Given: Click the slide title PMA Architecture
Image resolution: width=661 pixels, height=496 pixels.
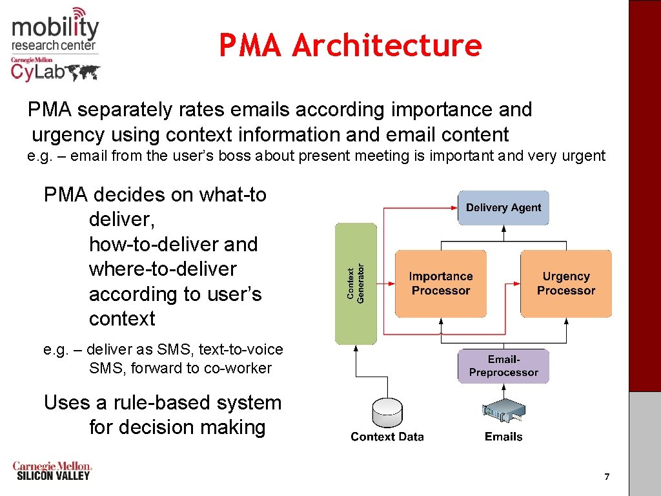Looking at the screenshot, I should coord(350,46).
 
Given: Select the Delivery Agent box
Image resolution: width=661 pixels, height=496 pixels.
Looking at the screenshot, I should coord(503,207).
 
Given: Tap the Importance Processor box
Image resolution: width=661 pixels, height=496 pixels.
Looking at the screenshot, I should coord(441,284).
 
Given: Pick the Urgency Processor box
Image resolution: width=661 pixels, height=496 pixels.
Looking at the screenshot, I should coord(565,284).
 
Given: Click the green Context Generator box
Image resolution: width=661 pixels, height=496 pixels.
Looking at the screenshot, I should coord(356,284).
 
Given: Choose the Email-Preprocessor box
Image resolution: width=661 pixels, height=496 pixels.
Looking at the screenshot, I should coord(503,366).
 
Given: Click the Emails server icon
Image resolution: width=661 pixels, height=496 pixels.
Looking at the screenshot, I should coord(503,412).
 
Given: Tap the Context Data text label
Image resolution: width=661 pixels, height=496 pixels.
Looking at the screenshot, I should coord(387,437).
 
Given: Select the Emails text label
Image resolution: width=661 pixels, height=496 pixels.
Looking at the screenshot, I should coord(503,437).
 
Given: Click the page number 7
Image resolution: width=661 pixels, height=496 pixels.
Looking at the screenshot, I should coord(606,477).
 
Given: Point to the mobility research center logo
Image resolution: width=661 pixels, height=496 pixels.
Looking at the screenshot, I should coord(55,31).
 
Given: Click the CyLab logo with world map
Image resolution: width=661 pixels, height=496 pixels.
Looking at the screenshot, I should coord(55,70).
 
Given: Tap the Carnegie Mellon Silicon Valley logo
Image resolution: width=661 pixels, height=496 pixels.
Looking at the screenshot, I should coord(52,471).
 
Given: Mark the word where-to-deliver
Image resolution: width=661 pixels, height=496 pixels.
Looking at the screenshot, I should coord(163,269).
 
